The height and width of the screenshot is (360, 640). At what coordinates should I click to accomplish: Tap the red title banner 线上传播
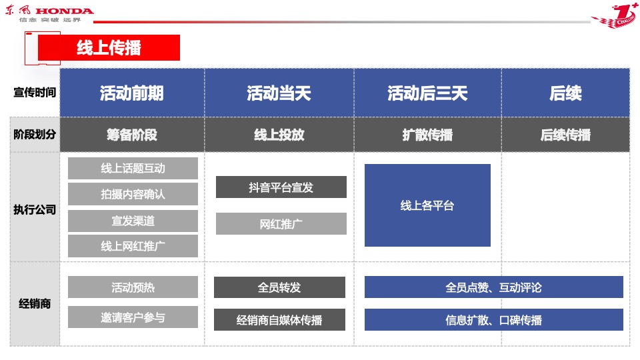click(x=109, y=48)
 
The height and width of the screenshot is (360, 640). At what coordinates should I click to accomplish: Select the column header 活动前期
click(x=132, y=93)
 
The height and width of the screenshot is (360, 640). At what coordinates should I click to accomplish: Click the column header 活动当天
click(x=279, y=93)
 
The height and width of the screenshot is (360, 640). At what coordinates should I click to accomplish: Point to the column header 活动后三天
click(x=427, y=93)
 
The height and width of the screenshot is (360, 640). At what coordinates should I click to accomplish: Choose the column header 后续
click(x=565, y=93)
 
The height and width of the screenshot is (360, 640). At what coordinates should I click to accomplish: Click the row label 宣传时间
click(x=35, y=93)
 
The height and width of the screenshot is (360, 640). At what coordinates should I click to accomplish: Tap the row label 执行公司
click(x=35, y=209)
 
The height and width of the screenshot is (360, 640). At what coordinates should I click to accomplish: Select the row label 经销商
click(x=35, y=304)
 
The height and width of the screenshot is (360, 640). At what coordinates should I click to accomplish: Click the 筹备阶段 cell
click(x=132, y=135)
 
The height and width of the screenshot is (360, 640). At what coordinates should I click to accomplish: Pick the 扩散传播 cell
click(x=427, y=135)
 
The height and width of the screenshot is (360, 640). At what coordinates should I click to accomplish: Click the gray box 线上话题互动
click(x=133, y=169)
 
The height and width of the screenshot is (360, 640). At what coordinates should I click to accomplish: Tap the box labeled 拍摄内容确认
click(x=133, y=194)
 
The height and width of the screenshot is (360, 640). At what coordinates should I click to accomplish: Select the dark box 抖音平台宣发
click(x=281, y=187)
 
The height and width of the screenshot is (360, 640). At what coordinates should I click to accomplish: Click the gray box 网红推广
click(x=281, y=224)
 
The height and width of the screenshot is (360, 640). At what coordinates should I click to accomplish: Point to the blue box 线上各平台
click(x=427, y=205)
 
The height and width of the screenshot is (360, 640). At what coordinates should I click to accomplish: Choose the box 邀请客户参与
click(x=133, y=317)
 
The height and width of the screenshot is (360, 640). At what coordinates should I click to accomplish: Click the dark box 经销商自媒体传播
click(x=279, y=320)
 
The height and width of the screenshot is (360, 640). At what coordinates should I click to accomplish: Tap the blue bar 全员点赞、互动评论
click(x=493, y=287)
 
